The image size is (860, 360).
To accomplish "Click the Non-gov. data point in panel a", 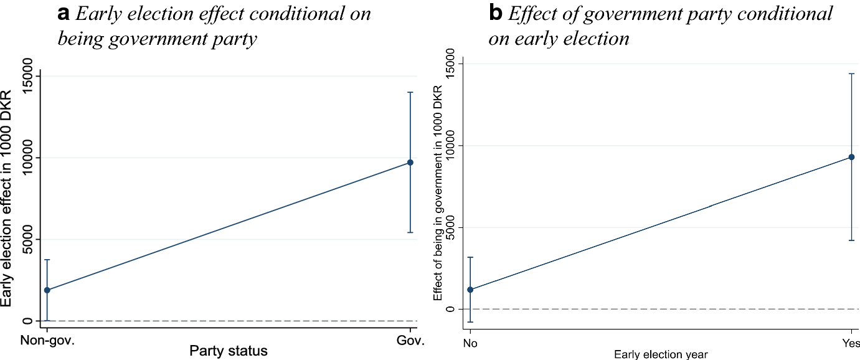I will (47, 290).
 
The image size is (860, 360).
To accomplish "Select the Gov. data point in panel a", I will (410, 163).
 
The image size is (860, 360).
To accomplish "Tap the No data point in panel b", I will (470, 290).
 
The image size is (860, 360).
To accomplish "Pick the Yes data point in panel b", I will (851, 157).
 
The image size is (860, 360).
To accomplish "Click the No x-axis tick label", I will (470, 343).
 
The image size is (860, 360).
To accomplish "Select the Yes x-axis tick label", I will (851, 343).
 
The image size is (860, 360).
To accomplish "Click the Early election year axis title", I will (661, 354).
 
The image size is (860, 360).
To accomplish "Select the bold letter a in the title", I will (64, 15).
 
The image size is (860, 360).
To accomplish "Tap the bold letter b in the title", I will (496, 15).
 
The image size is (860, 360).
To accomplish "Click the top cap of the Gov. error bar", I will (410, 92).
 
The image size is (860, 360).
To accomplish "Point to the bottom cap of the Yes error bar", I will (851, 240).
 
